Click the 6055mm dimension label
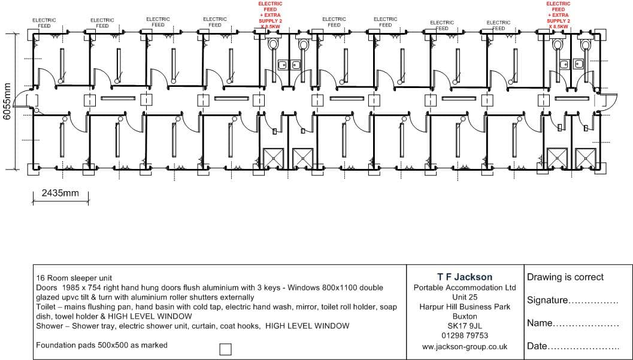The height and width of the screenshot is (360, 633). point(8,101)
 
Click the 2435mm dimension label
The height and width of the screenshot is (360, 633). point(60,193)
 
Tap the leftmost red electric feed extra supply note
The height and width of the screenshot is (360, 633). point(270,15)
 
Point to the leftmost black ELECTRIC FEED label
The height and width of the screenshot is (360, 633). point(44,23)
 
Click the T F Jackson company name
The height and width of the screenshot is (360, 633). point(465,277)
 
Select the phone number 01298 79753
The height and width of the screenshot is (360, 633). point(465,335)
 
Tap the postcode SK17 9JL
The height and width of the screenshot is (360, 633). point(465,326)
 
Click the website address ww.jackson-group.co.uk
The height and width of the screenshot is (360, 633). point(465,346)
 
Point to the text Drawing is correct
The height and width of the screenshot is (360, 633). point(565,277)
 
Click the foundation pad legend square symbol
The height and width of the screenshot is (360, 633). point(225,349)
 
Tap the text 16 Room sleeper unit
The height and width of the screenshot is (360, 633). point(74,278)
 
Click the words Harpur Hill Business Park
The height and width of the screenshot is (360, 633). point(465,307)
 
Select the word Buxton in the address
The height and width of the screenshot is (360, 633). point(465,316)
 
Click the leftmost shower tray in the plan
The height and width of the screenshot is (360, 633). point(273,159)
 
